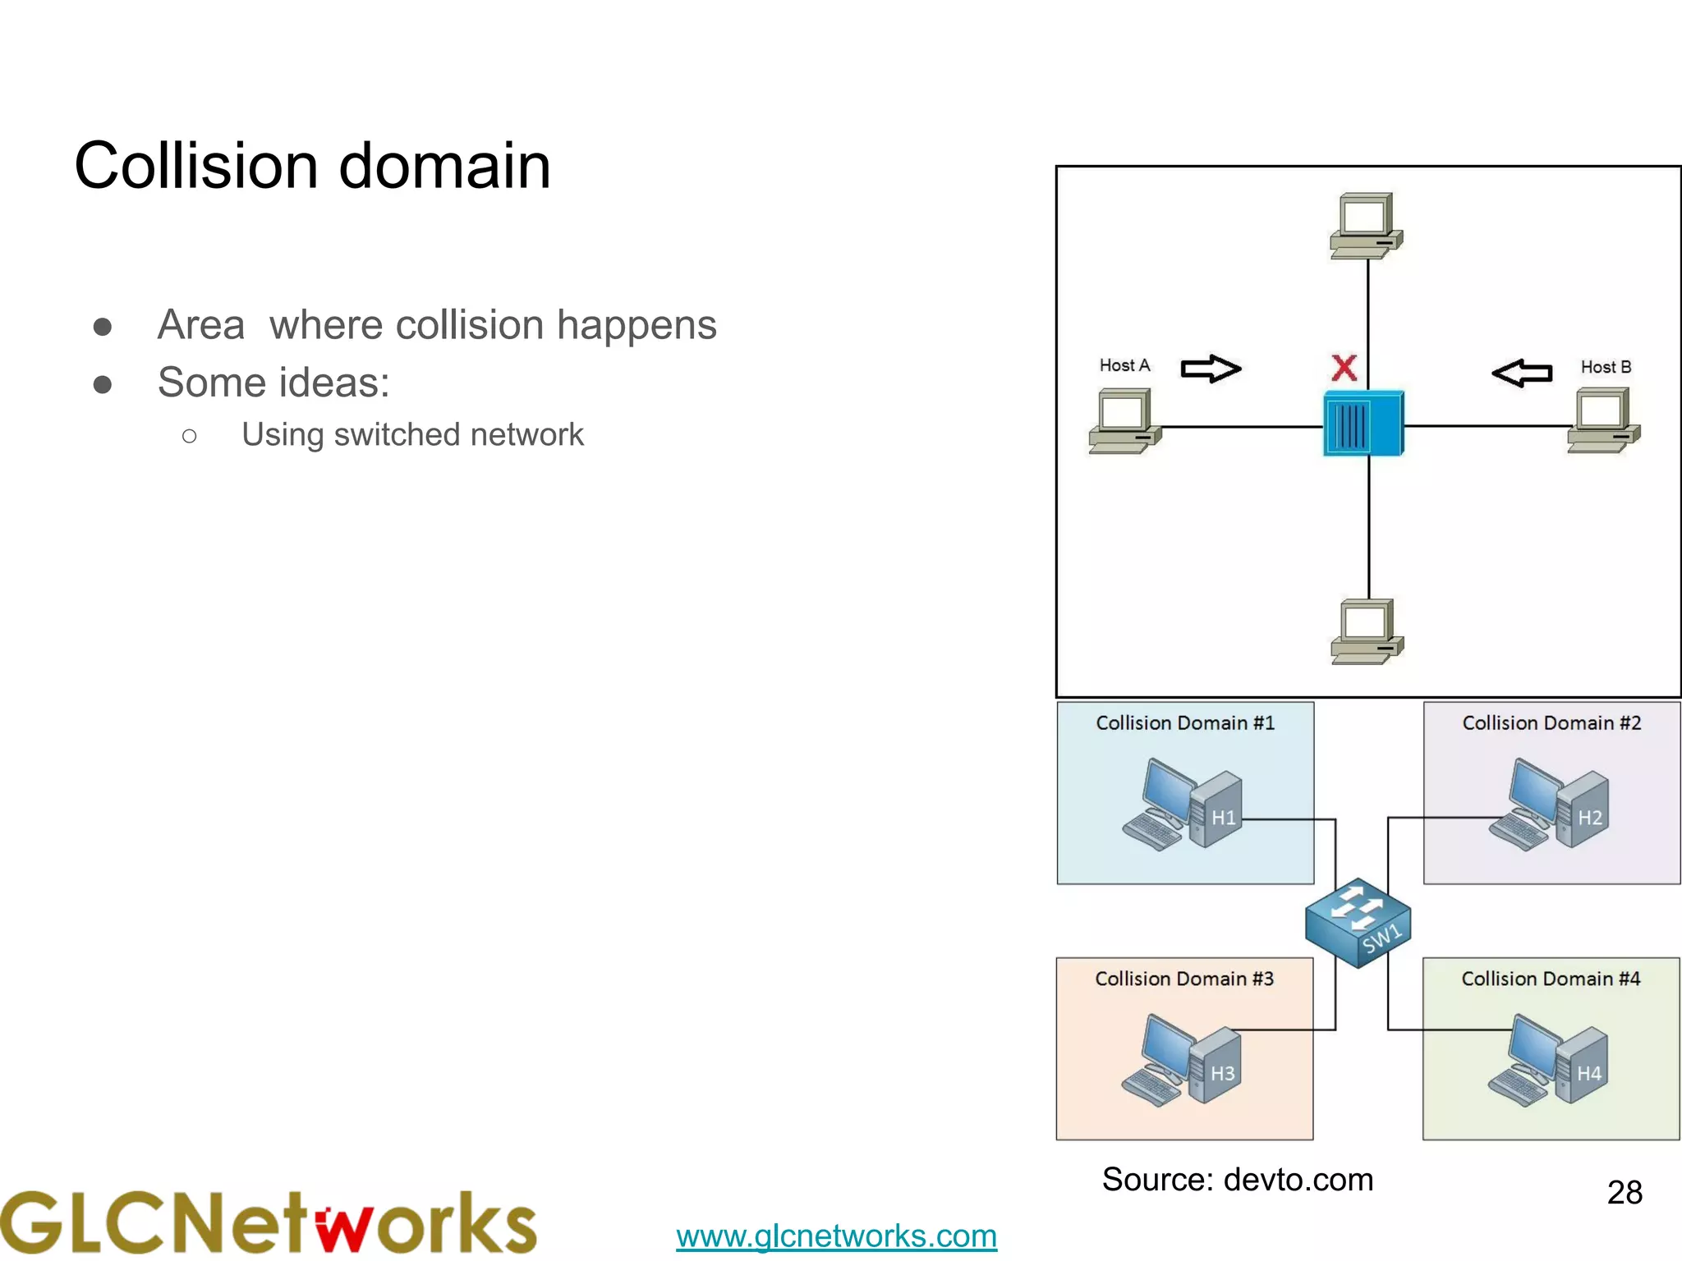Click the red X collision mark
coord(1344,368)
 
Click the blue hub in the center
coord(1363,424)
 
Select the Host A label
coord(1124,365)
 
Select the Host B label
coord(1606,367)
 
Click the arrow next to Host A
coord(1211,369)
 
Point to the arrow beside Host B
coord(1522,373)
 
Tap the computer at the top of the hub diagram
coord(1367,226)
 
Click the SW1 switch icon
coord(1358,923)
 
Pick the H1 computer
coord(1183,805)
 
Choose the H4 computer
coord(1549,1062)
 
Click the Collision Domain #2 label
coord(1551,723)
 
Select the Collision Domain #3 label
coord(1184,979)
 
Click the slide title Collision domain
coord(312,166)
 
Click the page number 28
coord(1624,1192)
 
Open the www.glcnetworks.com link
coord(836,1236)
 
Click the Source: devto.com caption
coord(1237,1180)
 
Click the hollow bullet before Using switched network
coord(190,436)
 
